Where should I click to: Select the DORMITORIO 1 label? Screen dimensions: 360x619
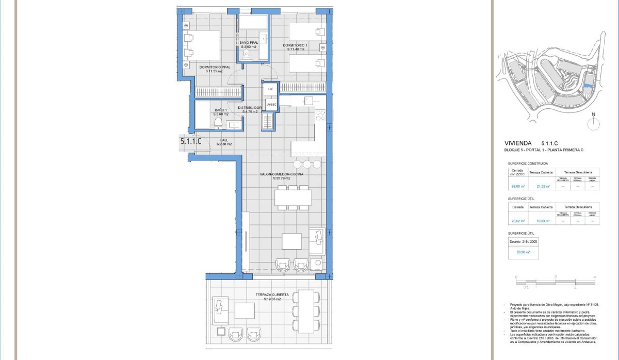[x=295, y=45]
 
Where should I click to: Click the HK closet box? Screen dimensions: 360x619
[x=270, y=89]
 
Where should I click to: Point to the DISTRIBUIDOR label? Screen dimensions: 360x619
[x=250, y=108]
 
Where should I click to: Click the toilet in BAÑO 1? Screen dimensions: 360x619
[x=218, y=122]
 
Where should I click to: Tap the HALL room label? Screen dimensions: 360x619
[x=224, y=140]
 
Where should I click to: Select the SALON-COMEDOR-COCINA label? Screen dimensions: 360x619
[x=282, y=174]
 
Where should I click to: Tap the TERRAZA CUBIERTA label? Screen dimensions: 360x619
[x=268, y=295]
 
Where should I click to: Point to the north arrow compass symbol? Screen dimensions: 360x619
[x=594, y=122]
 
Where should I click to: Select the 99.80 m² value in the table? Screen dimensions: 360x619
[x=517, y=187]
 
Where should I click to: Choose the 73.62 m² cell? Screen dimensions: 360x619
[x=517, y=221]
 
